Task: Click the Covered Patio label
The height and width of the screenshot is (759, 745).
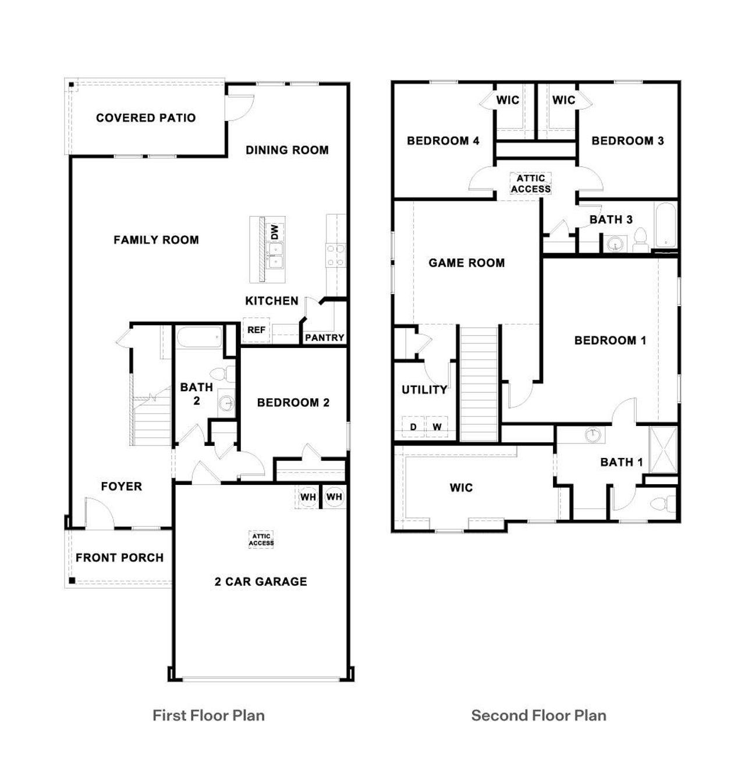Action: (x=146, y=118)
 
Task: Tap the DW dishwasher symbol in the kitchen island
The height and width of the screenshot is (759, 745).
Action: (x=275, y=232)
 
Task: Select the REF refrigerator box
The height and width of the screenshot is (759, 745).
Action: (x=256, y=330)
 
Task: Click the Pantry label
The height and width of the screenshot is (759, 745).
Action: (x=324, y=338)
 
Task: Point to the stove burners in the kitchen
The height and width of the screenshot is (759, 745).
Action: (x=336, y=256)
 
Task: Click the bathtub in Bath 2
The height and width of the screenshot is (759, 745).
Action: (x=200, y=338)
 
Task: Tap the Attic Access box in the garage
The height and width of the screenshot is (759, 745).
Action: (x=261, y=540)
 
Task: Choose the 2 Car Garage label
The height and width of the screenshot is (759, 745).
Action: (x=261, y=581)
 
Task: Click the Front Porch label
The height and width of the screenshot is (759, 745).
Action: (x=119, y=558)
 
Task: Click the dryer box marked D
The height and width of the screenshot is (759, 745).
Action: (x=413, y=427)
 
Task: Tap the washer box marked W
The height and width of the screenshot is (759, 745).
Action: (x=437, y=427)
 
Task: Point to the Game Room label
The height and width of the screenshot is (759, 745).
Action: (x=466, y=263)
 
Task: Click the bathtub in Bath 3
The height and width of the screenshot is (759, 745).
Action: (x=666, y=226)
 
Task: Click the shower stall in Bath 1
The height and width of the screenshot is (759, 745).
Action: (x=664, y=449)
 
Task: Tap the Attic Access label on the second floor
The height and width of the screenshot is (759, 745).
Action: (x=530, y=184)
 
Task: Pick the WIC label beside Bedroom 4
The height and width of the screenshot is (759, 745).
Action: (x=508, y=100)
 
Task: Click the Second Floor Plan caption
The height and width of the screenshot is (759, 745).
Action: (x=538, y=715)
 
